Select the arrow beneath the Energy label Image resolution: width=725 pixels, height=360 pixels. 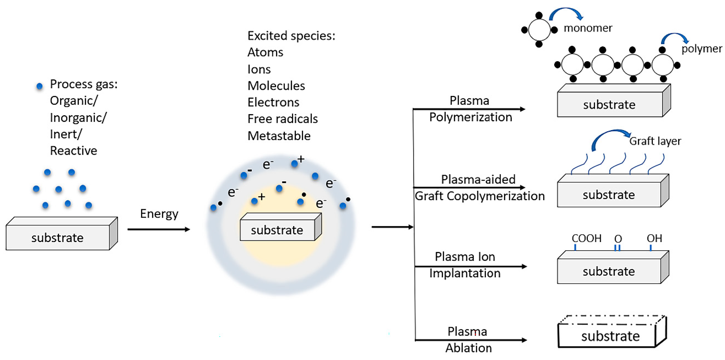(159, 229)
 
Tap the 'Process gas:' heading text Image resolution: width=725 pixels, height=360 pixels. (84, 84)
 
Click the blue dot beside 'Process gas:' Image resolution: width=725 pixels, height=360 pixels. (40, 86)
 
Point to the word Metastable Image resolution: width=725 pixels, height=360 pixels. (279, 136)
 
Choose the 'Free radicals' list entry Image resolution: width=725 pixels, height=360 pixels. (283, 119)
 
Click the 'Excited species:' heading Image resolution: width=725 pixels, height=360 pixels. (291, 36)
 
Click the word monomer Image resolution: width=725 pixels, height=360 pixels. (588, 28)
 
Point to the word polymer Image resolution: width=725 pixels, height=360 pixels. (701, 49)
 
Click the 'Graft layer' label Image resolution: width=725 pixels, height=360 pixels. (655, 141)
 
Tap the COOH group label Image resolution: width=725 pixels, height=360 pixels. (586, 238)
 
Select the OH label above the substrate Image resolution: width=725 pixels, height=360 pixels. (654, 238)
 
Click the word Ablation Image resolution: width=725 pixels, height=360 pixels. (469, 348)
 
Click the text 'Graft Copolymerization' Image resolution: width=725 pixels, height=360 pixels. (480, 196)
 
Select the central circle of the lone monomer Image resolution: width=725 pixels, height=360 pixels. (539, 29)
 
